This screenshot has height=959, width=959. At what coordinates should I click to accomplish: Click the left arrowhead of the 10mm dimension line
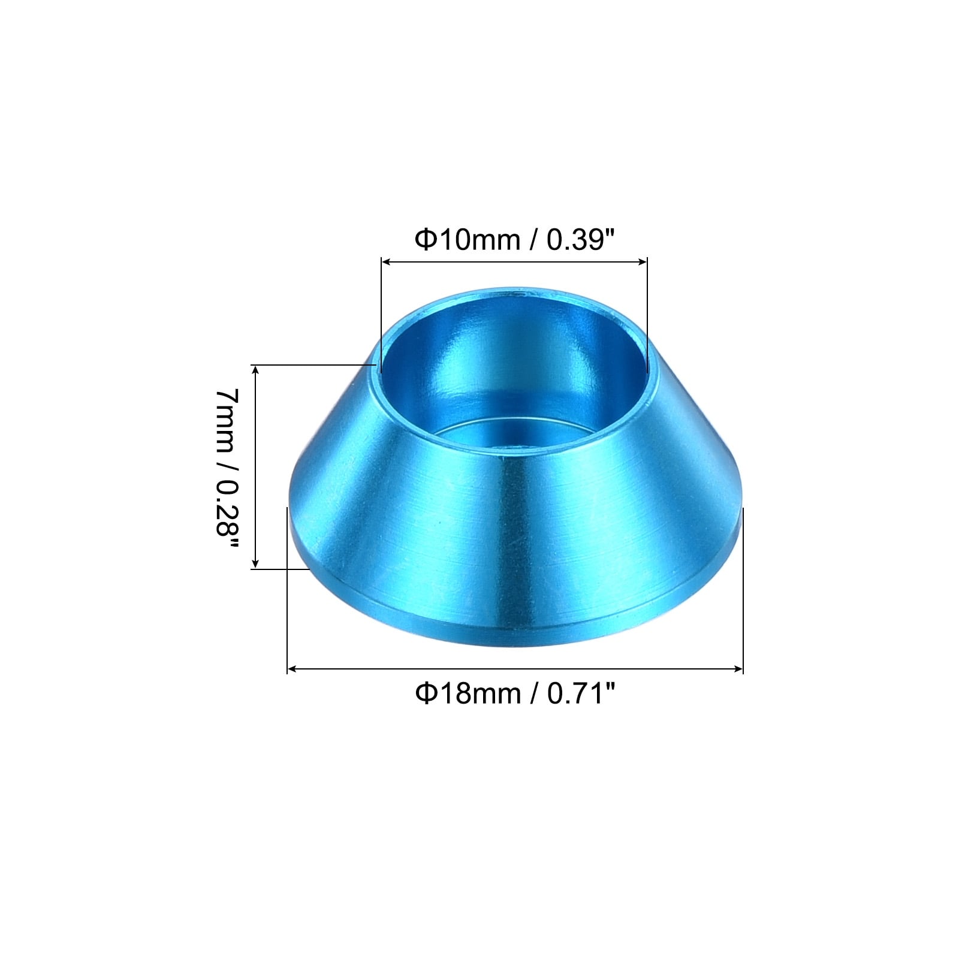tap(387, 261)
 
